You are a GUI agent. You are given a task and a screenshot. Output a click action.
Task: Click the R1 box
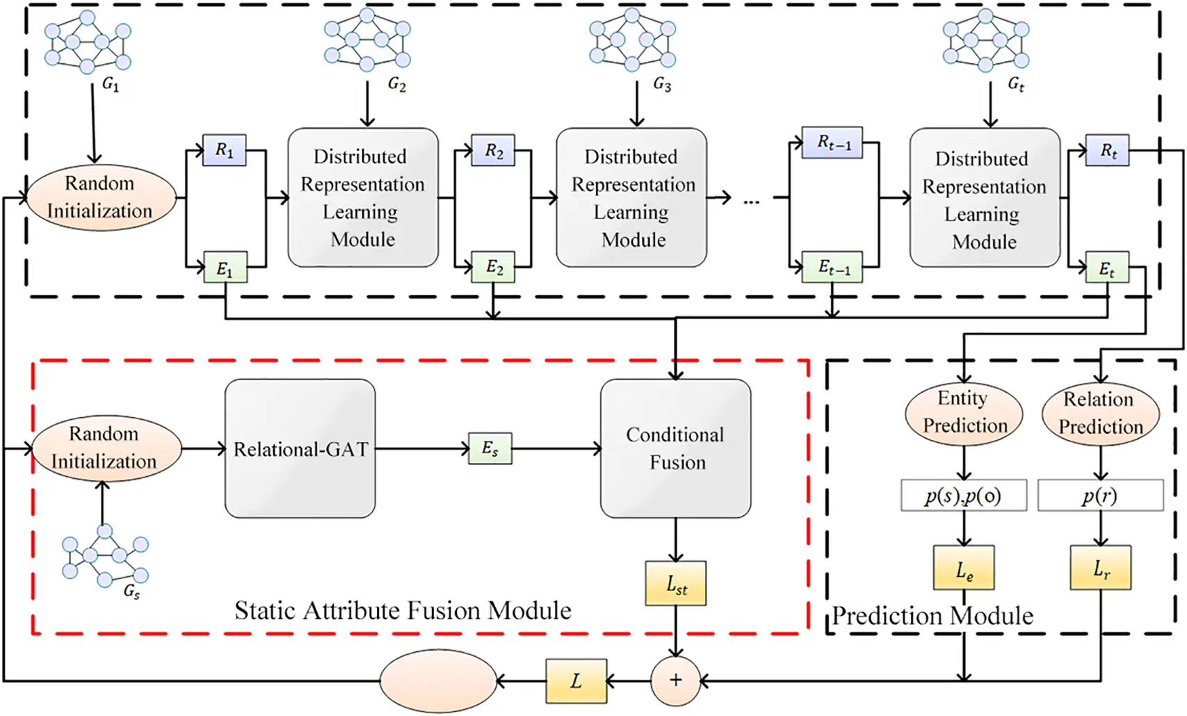(224, 150)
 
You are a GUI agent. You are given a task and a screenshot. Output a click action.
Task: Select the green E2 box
(493, 268)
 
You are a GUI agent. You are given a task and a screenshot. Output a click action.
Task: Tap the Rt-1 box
(832, 143)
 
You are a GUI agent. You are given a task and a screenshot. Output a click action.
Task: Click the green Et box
(1107, 268)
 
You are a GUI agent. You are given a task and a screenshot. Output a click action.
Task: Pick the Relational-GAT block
(300, 449)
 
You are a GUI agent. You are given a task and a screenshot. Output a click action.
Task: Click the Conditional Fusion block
(675, 448)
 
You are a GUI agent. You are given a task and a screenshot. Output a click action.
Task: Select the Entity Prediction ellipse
(964, 412)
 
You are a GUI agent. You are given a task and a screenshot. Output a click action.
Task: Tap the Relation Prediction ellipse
(1100, 413)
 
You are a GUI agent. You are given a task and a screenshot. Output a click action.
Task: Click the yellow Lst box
(676, 584)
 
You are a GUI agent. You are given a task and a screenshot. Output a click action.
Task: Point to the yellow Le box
(964, 568)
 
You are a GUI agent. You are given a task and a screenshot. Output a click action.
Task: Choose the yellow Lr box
(1100, 568)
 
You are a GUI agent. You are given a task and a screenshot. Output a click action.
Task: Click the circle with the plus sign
(675, 681)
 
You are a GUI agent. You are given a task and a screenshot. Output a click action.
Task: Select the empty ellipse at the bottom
(438, 681)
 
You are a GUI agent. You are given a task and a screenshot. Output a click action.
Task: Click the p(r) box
(1100, 496)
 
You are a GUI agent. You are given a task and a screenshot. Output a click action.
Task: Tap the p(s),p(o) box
(964, 496)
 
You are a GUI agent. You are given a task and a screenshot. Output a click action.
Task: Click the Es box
(490, 448)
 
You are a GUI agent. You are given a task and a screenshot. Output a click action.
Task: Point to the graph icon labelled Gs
(105, 557)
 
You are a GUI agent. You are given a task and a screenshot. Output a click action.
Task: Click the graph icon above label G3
(632, 40)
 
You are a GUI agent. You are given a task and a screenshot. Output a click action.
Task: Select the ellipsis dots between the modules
(752, 202)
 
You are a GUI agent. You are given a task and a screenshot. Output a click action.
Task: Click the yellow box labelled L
(576, 681)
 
